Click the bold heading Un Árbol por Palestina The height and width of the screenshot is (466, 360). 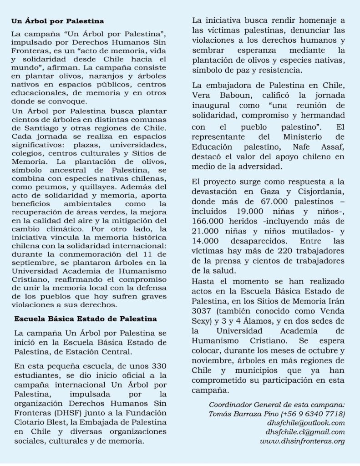(57, 21)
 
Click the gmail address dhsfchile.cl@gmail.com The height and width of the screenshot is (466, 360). (312, 432)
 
